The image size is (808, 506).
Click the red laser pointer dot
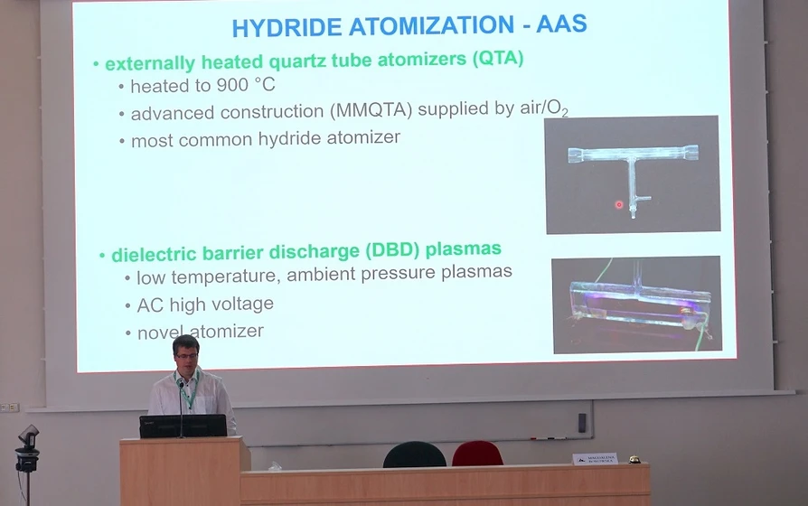pyautogui.click(x=619, y=205)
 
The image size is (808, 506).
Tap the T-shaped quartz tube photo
pyautogui.click(x=633, y=173)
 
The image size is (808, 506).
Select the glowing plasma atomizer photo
pyautogui.click(x=636, y=305)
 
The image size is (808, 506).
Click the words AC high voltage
pyautogui.click(x=205, y=305)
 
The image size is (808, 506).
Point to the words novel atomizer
pyautogui.click(x=201, y=332)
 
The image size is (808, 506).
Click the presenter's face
pyautogui.click(x=185, y=355)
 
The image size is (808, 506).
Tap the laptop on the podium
pyautogui.click(x=183, y=426)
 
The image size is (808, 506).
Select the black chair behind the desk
pyautogui.click(x=414, y=454)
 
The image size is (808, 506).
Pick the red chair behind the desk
pyautogui.click(x=477, y=453)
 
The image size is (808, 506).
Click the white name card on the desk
pyautogui.click(x=595, y=459)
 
